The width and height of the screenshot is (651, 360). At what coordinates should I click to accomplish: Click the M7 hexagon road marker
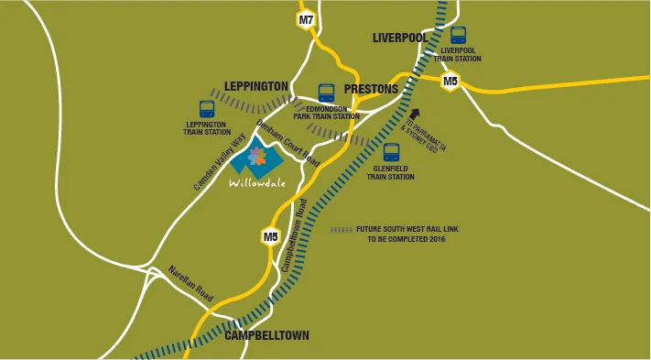coord(306,19)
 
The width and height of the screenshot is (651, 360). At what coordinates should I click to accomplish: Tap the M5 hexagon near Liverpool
coord(450,82)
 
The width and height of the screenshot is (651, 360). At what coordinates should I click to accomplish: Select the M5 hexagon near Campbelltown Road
coord(270,236)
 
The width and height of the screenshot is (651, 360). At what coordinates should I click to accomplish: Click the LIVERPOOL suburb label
coord(400,38)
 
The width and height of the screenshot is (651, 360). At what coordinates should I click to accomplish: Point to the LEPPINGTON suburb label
coord(256,86)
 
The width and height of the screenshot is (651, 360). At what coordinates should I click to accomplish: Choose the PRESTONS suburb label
coord(371,89)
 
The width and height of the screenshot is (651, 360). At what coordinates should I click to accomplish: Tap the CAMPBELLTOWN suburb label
coord(266,336)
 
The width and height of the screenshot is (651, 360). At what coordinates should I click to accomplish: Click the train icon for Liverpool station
coord(458,35)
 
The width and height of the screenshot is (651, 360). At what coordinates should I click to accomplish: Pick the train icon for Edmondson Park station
coord(326,93)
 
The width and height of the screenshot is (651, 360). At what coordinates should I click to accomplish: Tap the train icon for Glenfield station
coord(391,152)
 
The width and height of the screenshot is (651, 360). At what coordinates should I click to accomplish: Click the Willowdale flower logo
coord(257,158)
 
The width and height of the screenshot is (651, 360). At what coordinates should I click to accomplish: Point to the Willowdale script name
coord(257,182)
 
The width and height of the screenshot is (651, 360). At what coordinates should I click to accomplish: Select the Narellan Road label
coord(190,284)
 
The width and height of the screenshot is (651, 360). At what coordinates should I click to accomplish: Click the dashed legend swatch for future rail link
coord(341,229)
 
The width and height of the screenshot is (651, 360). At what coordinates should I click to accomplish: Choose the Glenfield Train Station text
coord(391,173)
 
